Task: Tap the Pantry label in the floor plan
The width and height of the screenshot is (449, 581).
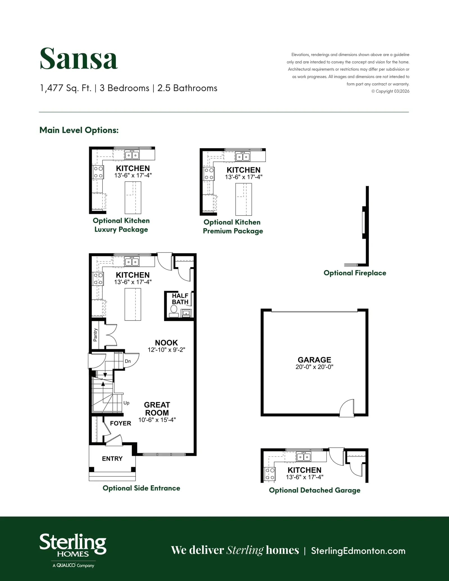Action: click(95, 335)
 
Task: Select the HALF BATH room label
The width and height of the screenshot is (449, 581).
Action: click(180, 299)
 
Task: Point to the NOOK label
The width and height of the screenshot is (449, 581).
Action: click(166, 343)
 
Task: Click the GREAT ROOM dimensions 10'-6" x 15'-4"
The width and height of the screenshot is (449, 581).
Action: click(157, 420)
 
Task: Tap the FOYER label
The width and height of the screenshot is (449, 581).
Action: click(121, 423)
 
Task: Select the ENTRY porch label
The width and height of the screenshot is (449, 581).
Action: click(112, 459)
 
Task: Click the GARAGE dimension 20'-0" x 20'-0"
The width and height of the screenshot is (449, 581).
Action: click(314, 367)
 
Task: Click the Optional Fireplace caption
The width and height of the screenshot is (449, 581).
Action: click(355, 273)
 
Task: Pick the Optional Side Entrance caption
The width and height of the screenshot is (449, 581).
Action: click(141, 488)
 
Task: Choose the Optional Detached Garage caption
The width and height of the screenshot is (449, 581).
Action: click(315, 490)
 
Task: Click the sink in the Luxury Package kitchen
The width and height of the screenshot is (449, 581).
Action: click(132, 155)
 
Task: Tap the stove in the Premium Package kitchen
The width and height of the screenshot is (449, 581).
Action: click(209, 174)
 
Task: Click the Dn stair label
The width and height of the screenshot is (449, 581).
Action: click(128, 361)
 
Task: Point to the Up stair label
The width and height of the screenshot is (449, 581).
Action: click(127, 403)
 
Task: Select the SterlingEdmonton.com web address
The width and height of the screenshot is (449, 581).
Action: click(358, 551)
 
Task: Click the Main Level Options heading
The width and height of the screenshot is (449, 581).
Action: click(79, 130)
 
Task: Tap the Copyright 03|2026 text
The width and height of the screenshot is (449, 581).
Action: click(390, 91)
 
